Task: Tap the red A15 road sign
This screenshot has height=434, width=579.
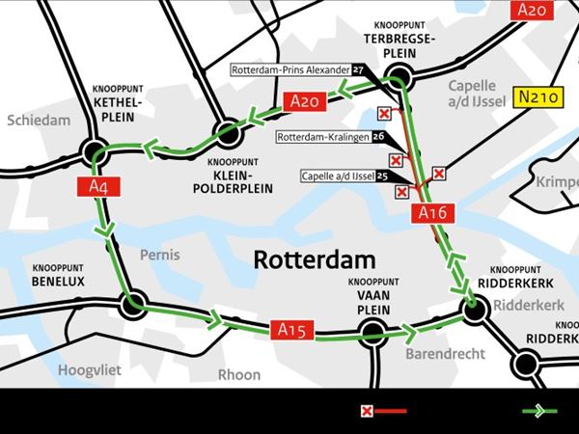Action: click(290, 331)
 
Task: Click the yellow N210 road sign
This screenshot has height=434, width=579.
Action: click(536, 97)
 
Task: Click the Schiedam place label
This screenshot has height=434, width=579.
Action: click(40, 121)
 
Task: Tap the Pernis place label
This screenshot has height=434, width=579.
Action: click(160, 256)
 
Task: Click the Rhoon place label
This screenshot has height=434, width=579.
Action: click(238, 374)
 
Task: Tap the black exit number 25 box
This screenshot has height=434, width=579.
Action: click(382, 176)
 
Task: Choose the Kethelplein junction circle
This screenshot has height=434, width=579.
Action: click(96, 151)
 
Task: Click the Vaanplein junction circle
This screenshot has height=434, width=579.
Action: click(373, 333)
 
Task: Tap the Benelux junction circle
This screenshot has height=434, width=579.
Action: click(132, 306)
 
